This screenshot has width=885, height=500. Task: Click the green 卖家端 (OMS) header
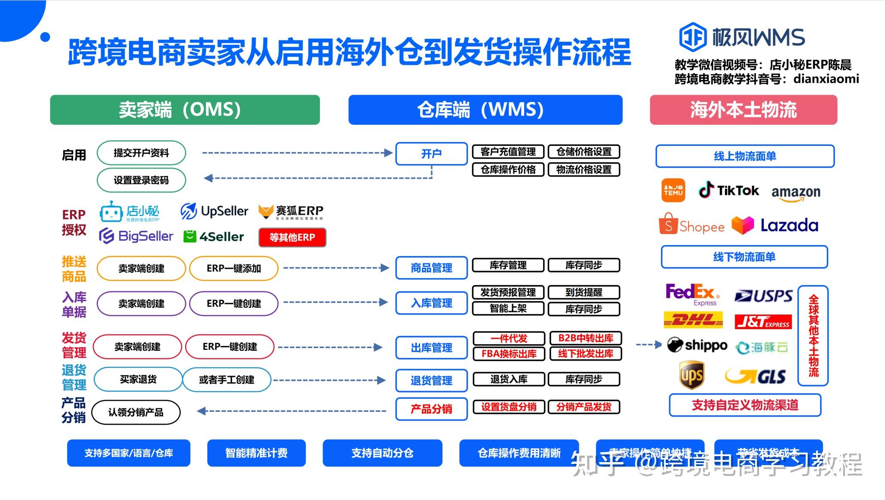point(184,110)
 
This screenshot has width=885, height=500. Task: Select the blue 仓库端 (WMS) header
point(485,110)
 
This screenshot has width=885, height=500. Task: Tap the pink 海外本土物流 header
point(743,110)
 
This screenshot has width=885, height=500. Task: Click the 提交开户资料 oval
point(141,153)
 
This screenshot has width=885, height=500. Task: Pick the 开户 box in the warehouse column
point(431,154)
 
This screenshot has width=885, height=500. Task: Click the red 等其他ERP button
point(292,237)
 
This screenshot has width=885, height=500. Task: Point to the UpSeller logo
point(214,211)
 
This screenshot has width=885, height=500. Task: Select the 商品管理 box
point(431,268)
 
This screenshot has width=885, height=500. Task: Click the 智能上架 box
point(508,309)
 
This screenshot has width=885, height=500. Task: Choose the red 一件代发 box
point(509,338)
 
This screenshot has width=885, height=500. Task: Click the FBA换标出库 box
point(509,354)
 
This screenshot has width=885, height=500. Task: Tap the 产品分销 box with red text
point(431,409)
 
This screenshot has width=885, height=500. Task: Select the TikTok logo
point(728,190)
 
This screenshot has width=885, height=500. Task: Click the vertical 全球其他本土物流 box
point(813,336)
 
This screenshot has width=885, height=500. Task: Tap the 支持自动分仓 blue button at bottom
point(382,453)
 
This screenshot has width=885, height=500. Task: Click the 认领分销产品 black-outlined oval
point(136,412)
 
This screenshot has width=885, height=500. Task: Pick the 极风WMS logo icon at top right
point(692,37)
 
